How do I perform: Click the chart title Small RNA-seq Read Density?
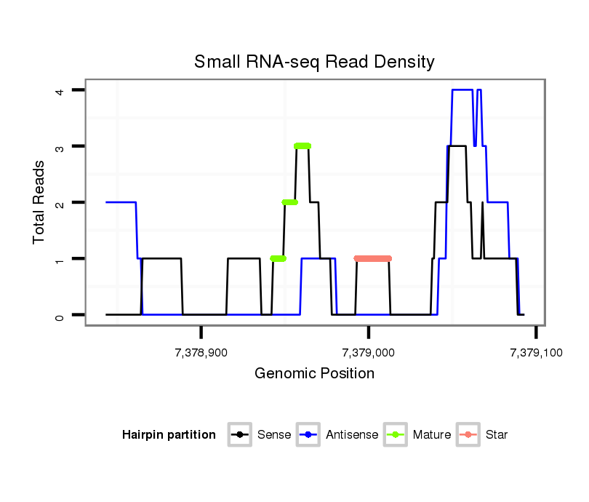tap(314, 62)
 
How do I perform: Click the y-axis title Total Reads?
tap(41, 202)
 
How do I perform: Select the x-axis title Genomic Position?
tap(314, 374)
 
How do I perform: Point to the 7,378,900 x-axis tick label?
tap(201, 353)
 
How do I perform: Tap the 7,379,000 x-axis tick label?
tap(369, 353)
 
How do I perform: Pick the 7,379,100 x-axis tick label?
tap(536, 353)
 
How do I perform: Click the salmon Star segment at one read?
tap(372, 258)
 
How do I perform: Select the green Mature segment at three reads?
tap(302, 146)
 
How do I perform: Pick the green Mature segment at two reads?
tap(290, 202)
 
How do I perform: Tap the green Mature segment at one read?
tap(278, 258)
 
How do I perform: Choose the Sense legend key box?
tap(241, 435)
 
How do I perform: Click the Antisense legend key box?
tap(309, 435)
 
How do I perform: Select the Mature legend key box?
tap(396, 435)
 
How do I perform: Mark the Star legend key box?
tap(469, 435)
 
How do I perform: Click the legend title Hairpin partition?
tap(169, 435)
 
